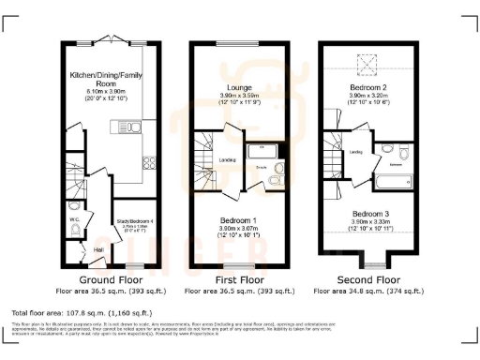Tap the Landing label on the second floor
(x=357, y=151)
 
